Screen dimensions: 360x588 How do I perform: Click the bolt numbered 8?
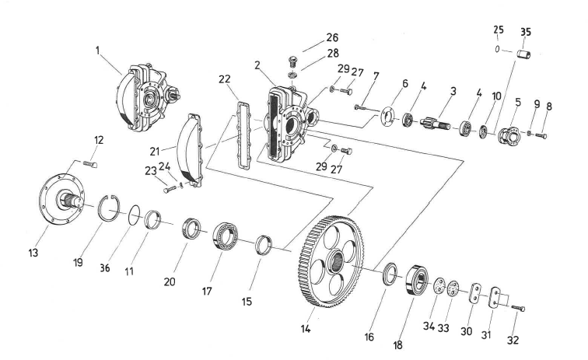pos(543,136)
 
